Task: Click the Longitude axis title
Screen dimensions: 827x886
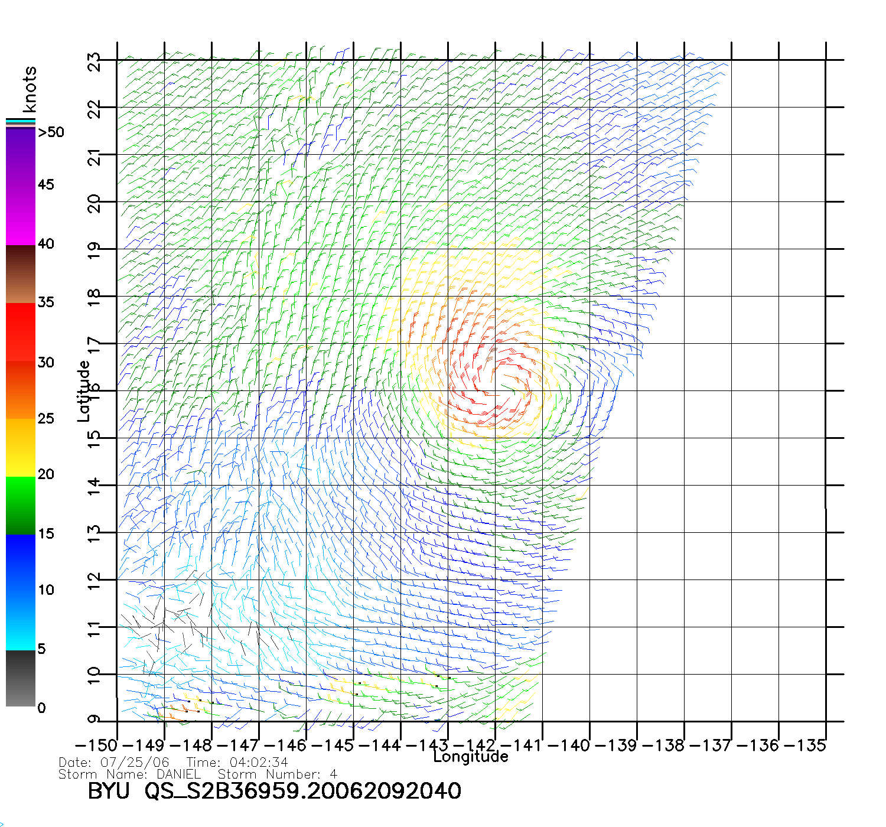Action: [x=471, y=757]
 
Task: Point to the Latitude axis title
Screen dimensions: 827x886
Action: [x=83, y=391]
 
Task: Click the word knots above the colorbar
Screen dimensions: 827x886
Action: [x=30, y=89]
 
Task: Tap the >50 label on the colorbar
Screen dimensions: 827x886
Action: [x=51, y=132]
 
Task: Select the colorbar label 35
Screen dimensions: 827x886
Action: [x=46, y=302]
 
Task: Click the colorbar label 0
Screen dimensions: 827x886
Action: [x=41, y=708]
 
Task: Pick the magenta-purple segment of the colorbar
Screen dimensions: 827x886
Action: [x=21, y=186]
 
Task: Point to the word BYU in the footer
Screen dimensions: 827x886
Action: [x=108, y=791]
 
